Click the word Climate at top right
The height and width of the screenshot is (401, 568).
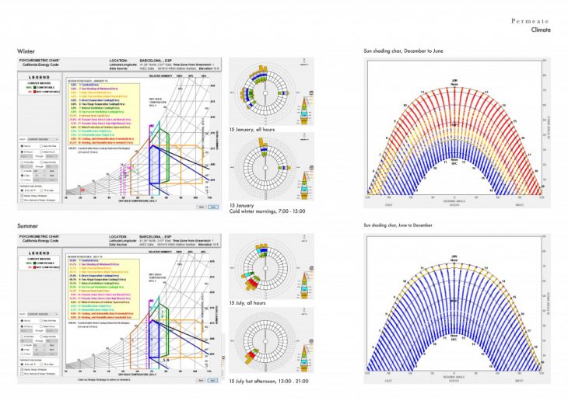tap(541, 30)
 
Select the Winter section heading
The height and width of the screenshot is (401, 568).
tap(25, 51)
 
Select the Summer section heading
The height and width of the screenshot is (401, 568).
tap(27, 226)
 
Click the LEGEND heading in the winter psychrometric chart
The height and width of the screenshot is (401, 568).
tap(39, 76)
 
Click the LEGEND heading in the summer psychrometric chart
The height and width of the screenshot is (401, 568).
tap(39, 251)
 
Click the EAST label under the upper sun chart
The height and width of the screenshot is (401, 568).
tap(377, 205)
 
